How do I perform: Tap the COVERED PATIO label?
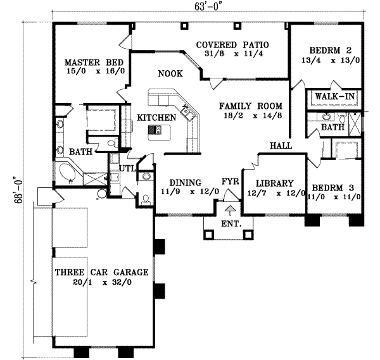232,45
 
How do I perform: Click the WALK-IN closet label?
334,96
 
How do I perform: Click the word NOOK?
170,74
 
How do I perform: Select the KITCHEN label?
156,118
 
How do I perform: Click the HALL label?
281,146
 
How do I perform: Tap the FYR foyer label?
229,182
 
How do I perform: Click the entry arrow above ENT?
230,208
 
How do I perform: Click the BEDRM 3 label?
332,187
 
